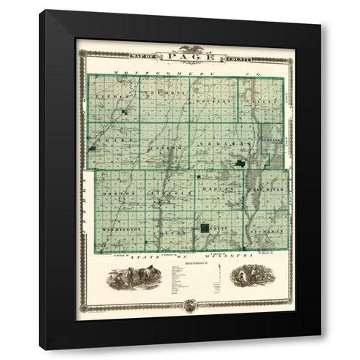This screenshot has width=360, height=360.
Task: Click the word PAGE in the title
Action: click(x=180, y=56)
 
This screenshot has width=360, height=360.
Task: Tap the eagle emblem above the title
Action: click(x=180, y=46)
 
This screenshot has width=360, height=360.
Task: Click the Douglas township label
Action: click(x=211, y=99)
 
